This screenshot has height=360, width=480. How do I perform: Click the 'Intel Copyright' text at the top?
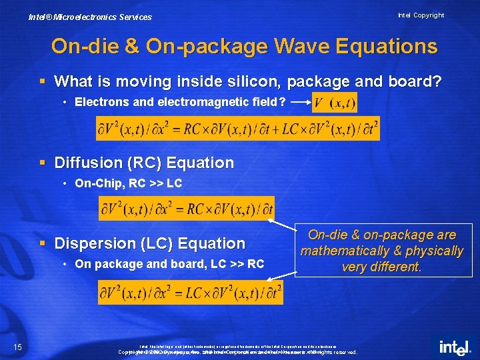click(x=421, y=15)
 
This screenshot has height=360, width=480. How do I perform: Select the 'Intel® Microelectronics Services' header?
click(x=90, y=17)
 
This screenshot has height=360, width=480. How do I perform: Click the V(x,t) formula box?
click(x=334, y=103)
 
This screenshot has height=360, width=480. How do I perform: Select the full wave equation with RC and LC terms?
click(x=238, y=129)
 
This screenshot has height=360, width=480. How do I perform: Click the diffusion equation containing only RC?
click(x=187, y=209)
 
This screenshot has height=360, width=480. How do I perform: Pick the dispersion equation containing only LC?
click(x=191, y=292)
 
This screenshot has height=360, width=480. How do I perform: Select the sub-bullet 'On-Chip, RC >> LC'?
click(x=128, y=183)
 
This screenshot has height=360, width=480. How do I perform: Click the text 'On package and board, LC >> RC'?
click(x=169, y=264)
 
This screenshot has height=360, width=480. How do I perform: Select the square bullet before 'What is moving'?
click(x=43, y=81)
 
